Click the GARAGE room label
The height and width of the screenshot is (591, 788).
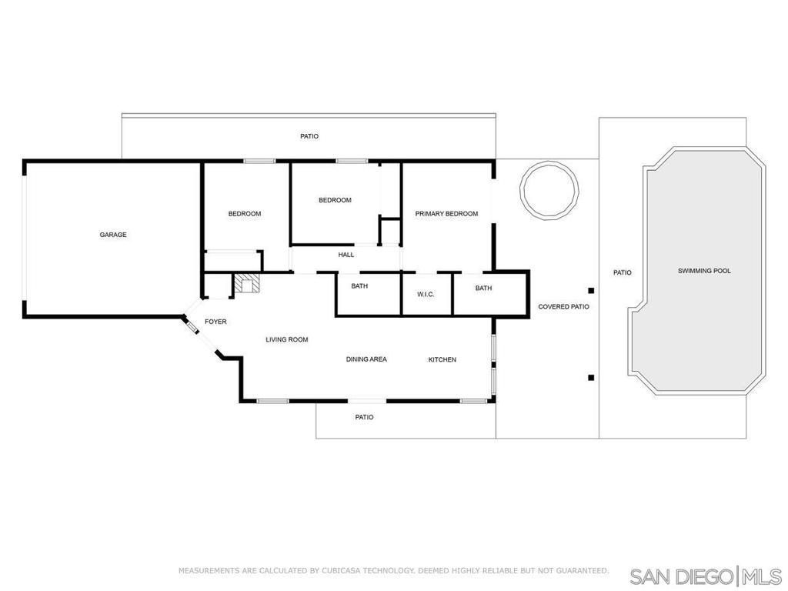[113, 235]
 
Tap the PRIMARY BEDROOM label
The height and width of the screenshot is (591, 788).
[446, 214]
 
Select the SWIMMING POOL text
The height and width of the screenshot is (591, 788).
[704, 271]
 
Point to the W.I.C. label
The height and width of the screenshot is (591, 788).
[426, 295]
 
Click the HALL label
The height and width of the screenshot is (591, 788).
[346, 255]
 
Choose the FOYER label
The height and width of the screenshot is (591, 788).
[215, 322]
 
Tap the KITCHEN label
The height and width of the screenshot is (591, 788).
[442, 360]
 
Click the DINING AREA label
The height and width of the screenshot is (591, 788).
[366, 359]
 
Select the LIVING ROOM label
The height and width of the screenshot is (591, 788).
[287, 339]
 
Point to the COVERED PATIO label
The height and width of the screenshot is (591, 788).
[563, 306]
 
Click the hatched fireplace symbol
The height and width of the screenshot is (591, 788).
[247, 283]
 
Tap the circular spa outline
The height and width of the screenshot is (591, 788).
[549, 190]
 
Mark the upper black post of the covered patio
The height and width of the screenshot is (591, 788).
[592, 290]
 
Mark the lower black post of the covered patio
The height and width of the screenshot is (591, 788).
[592, 377]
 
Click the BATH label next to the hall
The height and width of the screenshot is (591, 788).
[359, 286]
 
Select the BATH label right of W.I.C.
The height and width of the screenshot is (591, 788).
[483, 288]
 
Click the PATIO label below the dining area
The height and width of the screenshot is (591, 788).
[364, 417]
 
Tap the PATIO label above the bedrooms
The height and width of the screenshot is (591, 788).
[309, 136]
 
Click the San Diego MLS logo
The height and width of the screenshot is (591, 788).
[706, 576]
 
